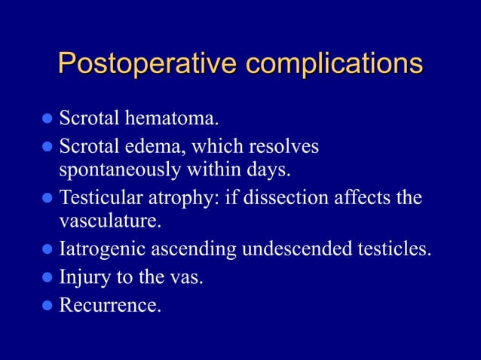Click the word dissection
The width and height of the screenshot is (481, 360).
pos(285,198)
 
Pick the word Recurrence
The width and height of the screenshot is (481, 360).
pos(109,305)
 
